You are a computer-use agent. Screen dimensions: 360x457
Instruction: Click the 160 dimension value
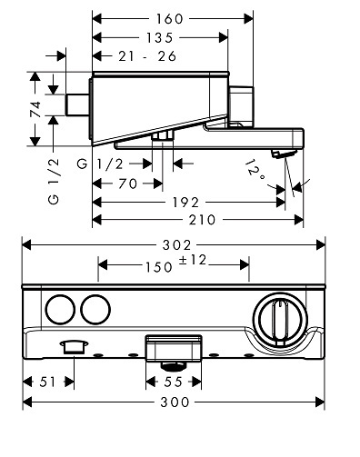170,19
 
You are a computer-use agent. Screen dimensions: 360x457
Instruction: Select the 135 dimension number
160,38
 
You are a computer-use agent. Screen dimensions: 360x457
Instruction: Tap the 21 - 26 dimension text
147,56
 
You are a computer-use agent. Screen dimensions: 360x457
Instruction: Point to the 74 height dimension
35,109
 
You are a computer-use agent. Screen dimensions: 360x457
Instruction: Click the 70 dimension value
127,184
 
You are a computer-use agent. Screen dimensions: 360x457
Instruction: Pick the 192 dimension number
185,203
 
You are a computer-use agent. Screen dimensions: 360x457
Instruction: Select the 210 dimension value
202,220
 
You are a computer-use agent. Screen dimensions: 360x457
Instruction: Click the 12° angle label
255,171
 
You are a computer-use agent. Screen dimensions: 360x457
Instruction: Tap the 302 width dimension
177,245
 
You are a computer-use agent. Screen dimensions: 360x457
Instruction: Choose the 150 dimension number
159,267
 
